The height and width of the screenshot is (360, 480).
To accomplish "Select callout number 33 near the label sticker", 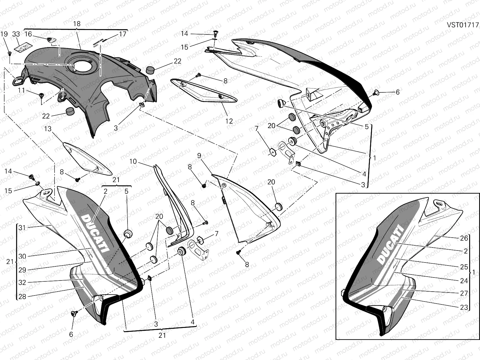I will (16, 34).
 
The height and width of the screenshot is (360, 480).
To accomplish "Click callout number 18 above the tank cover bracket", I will (77, 24).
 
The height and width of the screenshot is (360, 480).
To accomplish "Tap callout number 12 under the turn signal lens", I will (229, 121).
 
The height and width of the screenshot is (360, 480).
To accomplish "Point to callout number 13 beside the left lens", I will (48, 129).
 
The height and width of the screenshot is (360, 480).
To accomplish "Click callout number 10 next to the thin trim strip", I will (133, 162).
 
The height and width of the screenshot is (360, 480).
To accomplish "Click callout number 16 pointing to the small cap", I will (28, 34).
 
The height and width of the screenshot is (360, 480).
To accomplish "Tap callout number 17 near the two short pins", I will (122, 34).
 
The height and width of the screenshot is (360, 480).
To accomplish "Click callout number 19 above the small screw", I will (4, 34).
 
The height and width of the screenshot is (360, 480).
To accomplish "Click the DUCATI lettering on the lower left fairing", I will (94, 232).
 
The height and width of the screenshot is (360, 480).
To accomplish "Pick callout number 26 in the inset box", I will (464, 238).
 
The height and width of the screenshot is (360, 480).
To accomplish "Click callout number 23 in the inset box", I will (464, 307).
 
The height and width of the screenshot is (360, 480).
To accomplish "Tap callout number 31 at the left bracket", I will (22, 228).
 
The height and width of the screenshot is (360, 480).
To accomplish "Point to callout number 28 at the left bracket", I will (22, 297).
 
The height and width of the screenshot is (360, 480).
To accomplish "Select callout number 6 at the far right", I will (397, 92).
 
